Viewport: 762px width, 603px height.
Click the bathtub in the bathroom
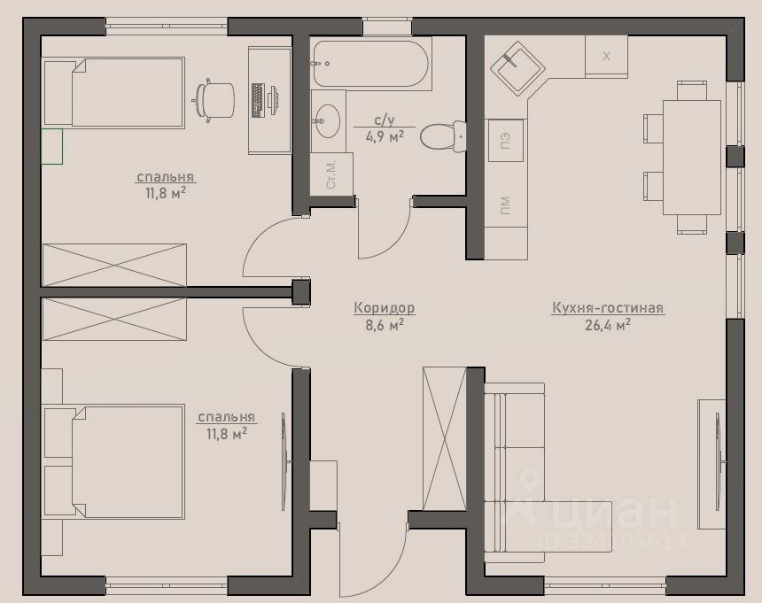click(x=371, y=63)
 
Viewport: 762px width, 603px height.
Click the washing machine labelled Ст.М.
click(x=331, y=174)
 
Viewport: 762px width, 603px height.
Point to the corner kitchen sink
click(x=516, y=67)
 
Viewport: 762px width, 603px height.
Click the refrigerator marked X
click(x=606, y=57)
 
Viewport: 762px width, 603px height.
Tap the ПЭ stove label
click(x=505, y=140)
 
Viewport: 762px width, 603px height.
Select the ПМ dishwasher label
click(x=505, y=205)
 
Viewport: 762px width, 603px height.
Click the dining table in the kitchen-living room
click(x=692, y=157)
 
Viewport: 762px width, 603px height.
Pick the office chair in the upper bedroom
click(x=214, y=100)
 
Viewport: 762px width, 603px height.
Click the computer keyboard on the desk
click(x=258, y=100)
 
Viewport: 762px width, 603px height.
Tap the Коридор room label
click(x=384, y=308)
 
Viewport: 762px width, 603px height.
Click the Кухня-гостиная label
click(x=608, y=308)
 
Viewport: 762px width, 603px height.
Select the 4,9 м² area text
click(x=385, y=136)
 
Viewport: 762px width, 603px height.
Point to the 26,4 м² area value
click(x=608, y=325)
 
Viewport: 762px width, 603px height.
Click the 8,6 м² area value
click(x=385, y=325)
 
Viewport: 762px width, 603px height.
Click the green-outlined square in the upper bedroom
click(x=52, y=147)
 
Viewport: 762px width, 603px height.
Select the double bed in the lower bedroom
click(x=114, y=461)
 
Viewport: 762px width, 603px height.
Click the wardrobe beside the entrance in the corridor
click(x=445, y=438)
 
